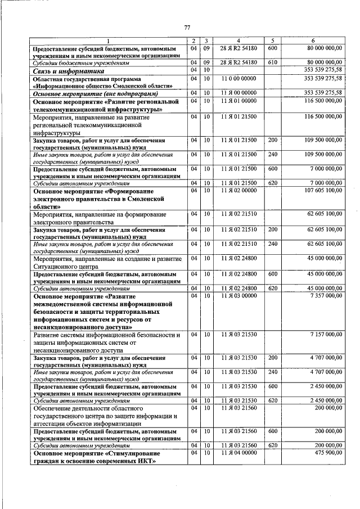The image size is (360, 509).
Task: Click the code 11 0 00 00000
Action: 238,79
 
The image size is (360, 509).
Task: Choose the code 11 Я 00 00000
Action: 238,92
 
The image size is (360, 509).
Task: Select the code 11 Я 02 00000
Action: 238,191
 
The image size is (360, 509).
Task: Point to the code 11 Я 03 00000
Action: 238,295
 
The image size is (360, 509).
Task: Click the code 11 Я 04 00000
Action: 238,453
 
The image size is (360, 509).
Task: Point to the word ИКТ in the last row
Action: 145,461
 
